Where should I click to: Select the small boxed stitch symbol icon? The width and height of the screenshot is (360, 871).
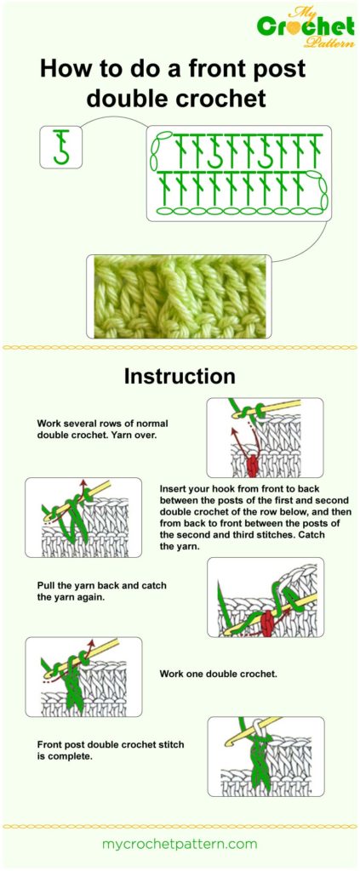(60, 146)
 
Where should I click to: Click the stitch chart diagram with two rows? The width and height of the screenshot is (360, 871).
(238, 173)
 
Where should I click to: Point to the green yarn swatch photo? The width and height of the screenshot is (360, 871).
(179, 296)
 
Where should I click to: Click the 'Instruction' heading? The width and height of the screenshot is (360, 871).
(180, 375)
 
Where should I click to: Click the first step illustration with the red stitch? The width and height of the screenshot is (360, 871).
(265, 437)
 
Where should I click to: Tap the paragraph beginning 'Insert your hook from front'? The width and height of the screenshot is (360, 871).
(255, 518)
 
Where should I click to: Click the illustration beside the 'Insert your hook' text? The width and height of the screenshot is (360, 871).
(83, 517)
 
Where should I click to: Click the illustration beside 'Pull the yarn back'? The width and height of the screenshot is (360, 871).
(265, 597)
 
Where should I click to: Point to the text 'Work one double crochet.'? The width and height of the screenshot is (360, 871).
(218, 674)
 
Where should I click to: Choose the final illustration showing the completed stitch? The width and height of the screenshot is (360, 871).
(265, 756)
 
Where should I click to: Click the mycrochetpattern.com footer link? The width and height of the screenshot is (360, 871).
(180, 844)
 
